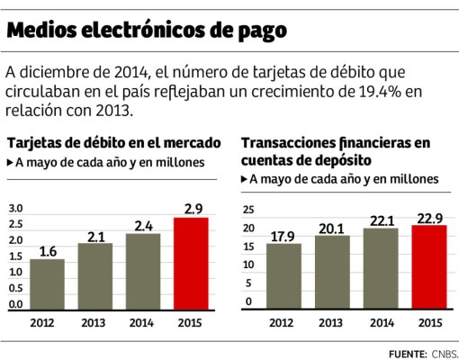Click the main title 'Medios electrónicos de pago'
tap(148, 31)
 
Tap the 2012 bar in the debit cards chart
tap(47, 284)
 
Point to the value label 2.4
tap(143, 226)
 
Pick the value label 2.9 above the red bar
tap(191, 209)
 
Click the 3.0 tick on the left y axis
tap(15, 209)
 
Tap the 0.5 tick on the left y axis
tap(15, 289)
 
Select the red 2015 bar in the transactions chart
tap(428, 268)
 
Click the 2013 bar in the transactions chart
tap(333, 274)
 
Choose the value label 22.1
tap(381, 220)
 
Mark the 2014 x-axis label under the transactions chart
tap(381, 322)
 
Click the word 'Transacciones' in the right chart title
tap(291, 143)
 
